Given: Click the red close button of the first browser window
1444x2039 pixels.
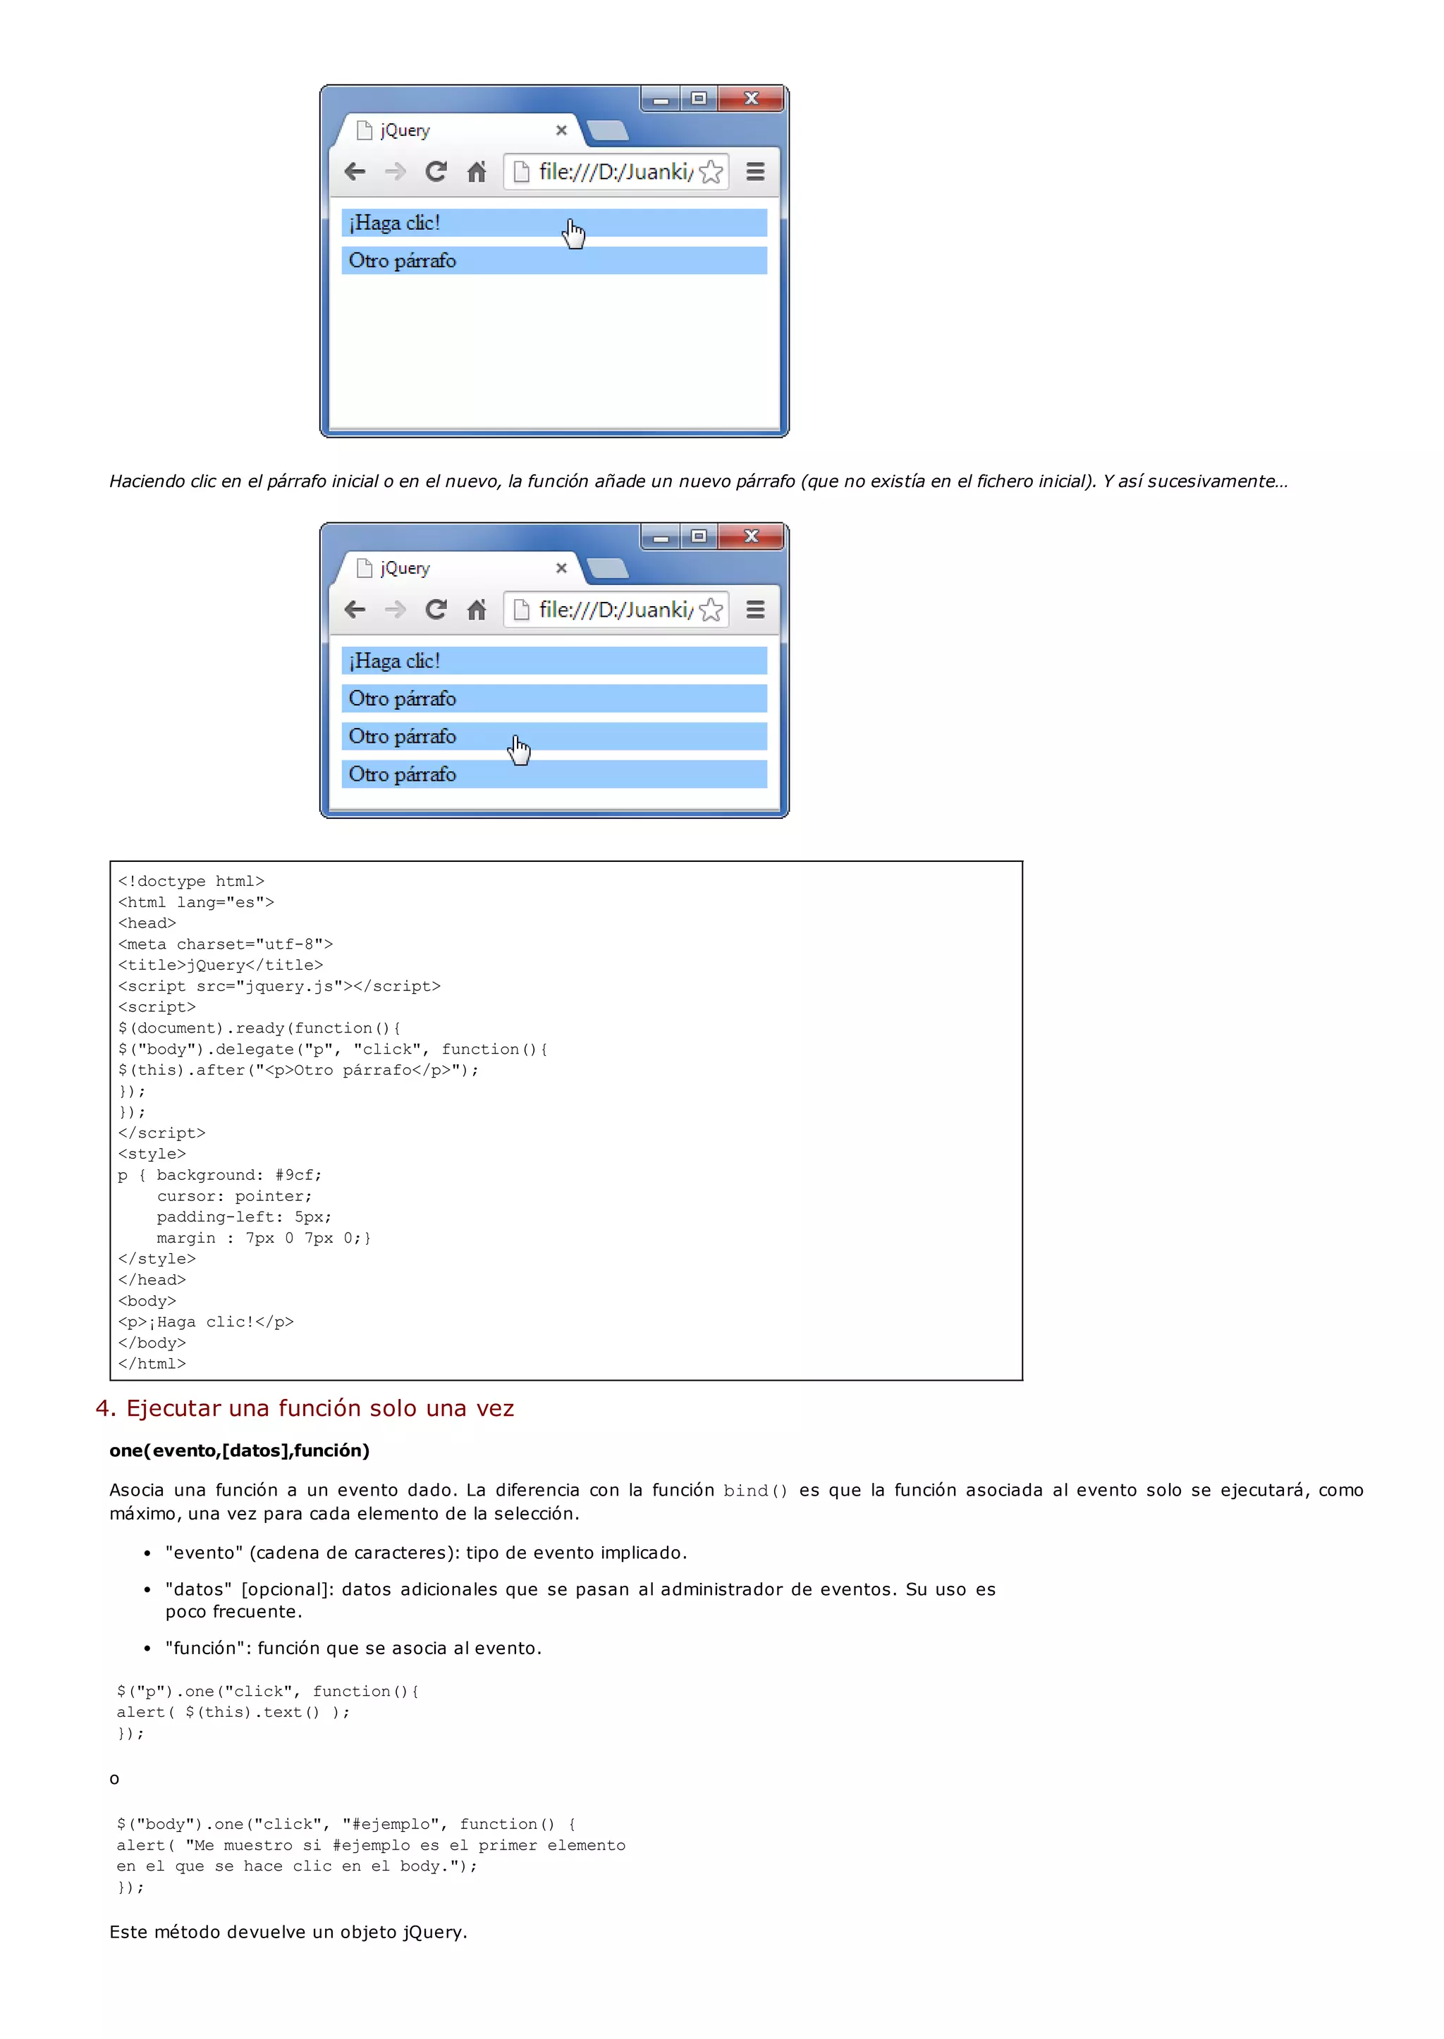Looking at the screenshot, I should point(752,98).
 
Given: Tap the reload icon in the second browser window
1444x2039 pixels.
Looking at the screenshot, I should point(436,609).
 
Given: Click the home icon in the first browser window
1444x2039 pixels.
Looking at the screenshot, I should point(477,171).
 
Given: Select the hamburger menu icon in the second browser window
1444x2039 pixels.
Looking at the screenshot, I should point(755,609).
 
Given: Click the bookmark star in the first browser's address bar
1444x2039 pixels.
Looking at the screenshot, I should point(711,171).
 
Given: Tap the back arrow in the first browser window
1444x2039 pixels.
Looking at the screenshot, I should point(355,171).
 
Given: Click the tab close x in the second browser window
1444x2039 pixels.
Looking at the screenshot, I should point(561,568).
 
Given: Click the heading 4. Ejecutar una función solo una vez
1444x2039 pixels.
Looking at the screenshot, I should point(305,1408).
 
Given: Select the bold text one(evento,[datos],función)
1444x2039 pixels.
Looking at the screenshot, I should point(239,1450).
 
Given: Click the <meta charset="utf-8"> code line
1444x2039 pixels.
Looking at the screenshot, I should point(225,944).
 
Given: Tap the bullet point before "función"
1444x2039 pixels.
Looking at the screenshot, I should point(147,1648).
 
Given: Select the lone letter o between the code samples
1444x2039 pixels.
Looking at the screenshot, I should point(114,1778).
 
